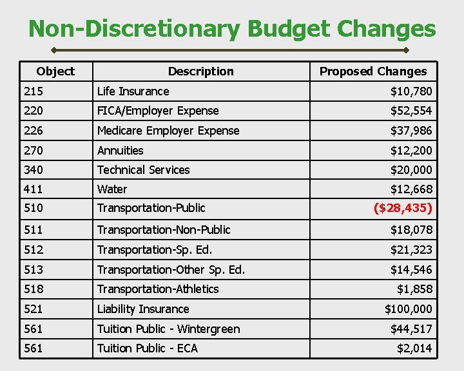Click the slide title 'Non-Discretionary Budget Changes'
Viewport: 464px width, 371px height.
232,29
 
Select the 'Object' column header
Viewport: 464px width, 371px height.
55,71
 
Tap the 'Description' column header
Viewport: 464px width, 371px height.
200,71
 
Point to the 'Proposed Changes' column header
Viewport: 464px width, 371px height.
373,71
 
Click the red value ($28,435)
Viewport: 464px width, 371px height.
403,208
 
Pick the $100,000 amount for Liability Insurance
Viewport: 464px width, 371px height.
409,309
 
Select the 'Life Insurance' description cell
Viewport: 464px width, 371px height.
133,91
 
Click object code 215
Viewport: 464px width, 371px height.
33,91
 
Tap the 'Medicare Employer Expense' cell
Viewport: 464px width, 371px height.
168,131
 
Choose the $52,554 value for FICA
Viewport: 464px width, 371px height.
411,111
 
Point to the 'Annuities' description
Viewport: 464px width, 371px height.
121,151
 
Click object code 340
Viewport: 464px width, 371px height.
33,170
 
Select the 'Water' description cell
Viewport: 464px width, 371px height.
112,189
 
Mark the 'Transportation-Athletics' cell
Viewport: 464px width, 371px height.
158,289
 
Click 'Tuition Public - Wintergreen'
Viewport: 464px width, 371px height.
168,329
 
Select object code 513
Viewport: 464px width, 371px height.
33,269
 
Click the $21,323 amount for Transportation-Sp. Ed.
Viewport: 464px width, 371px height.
411,250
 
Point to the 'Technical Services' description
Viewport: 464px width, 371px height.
143,170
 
